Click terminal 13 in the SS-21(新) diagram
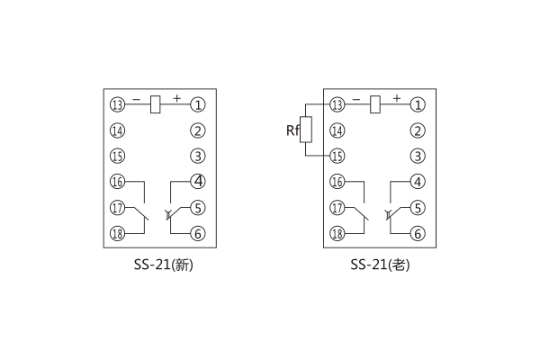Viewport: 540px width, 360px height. pos(118,104)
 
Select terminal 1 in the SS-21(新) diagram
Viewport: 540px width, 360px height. pos(198,104)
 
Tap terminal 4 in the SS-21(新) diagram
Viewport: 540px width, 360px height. pos(198,182)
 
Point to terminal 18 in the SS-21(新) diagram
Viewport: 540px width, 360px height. pos(118,234)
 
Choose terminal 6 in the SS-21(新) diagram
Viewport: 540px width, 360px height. pos(198,234)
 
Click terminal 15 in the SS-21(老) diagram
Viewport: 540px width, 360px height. pos(337,157)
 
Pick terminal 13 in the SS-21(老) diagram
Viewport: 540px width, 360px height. pos(337,104)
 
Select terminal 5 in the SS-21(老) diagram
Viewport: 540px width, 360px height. pos(418,208)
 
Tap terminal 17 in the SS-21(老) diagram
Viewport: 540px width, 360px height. pos(337,208)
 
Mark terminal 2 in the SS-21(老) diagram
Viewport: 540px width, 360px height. pos(418,130)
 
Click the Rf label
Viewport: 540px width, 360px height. pos(292,131)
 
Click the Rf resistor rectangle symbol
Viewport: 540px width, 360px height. pos(308,130)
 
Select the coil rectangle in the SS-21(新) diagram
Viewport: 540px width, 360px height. pos(156,104)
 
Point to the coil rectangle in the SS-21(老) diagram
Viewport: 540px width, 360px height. pos(375,104)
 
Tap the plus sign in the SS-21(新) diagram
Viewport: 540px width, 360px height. pos(176,95)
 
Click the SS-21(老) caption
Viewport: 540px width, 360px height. pos(378,266)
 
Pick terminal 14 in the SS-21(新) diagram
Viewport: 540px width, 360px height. pos(118,130)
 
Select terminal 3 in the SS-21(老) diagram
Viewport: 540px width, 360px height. pos(418,157)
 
